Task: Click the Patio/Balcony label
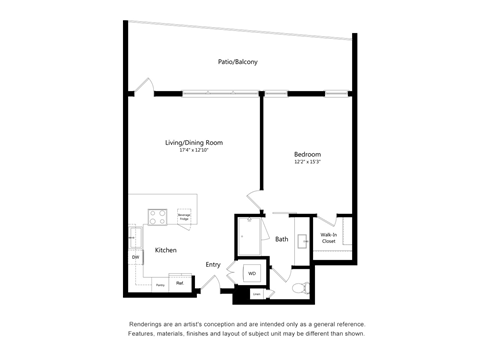238,62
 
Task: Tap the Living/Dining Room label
194,143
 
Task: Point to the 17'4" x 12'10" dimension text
194,151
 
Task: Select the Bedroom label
307,154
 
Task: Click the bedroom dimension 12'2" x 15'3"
307,162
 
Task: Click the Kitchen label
166,250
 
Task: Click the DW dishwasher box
135,257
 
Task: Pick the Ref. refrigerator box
180,283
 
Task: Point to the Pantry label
159,284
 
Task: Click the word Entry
213,264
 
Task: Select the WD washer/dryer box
252,271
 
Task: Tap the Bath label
282,239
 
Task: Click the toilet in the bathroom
302,287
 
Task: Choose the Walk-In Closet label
328,238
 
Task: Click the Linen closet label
257,294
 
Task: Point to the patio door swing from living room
147,86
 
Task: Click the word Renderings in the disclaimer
148,325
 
